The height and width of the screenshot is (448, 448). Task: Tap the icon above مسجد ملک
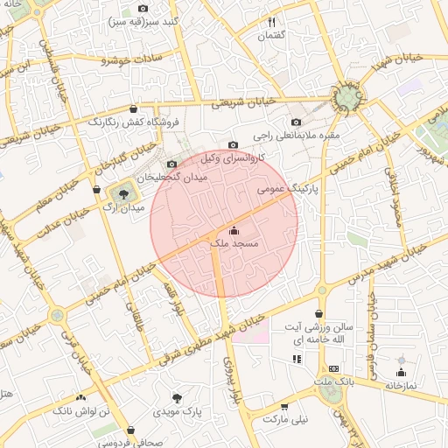[233, 231]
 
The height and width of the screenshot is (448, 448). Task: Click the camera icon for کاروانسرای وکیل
[232, 145]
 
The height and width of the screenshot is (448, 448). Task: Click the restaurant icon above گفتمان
[272, 22]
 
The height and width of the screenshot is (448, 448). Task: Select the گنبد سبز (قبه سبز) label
[147, 21]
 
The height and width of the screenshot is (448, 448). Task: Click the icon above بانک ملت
[332, 369]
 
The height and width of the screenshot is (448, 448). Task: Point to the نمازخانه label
[402, 384]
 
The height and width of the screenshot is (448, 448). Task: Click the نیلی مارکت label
[287, 420]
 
